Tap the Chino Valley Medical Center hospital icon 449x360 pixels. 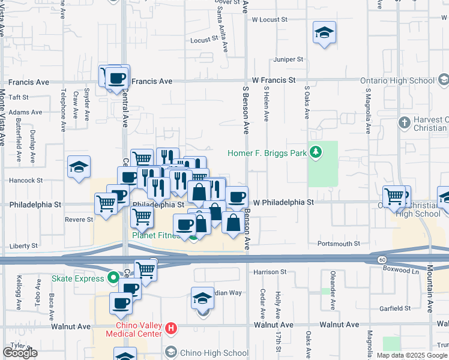pos(171,328)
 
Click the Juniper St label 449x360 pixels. pos(289,59)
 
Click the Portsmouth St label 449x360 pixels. pos(340,244)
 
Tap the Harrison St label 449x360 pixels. pos(270,272)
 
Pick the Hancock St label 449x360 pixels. pos(26,180)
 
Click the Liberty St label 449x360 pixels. pos(24,246)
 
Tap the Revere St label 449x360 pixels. pos(79,220)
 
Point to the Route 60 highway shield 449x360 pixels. pos(382,259)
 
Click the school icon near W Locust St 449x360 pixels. pos(324,33)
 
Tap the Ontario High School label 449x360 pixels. pos(397,80)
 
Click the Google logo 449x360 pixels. pos(20,353)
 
